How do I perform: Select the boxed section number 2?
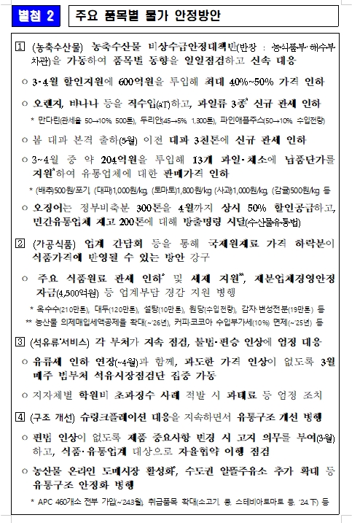20,241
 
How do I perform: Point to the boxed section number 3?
20,341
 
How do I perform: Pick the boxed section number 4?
20,417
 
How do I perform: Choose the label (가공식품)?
53,241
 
